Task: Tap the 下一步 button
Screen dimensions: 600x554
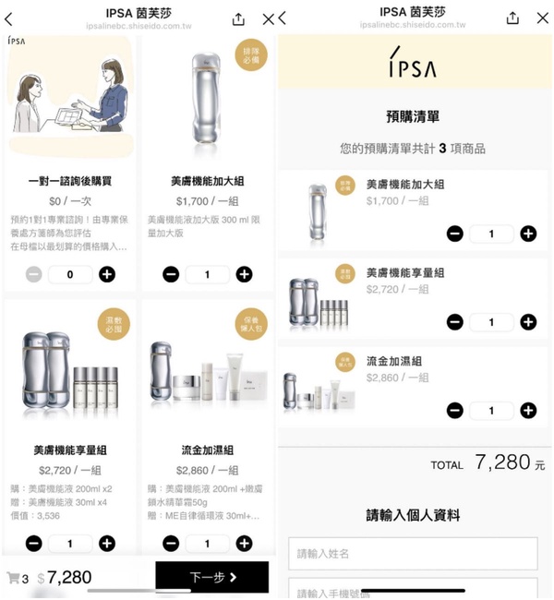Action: (212, 577)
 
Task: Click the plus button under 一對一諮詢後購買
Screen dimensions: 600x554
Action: (107, 274)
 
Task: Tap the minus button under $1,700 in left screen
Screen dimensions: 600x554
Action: (171, 274)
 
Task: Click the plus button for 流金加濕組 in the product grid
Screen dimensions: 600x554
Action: (244, 544)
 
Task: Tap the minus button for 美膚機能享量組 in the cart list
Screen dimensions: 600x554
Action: (454, 322)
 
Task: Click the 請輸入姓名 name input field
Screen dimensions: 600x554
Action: (413, 553)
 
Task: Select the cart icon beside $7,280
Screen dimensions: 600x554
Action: (13, 578)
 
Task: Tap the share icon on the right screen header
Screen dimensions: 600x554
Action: (512, 18)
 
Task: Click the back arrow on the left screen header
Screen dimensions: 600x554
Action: (9, 18)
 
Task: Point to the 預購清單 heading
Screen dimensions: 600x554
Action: (412, 116)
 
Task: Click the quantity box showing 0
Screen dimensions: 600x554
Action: (70, 274)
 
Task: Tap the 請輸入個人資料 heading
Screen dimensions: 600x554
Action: (412, 515)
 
